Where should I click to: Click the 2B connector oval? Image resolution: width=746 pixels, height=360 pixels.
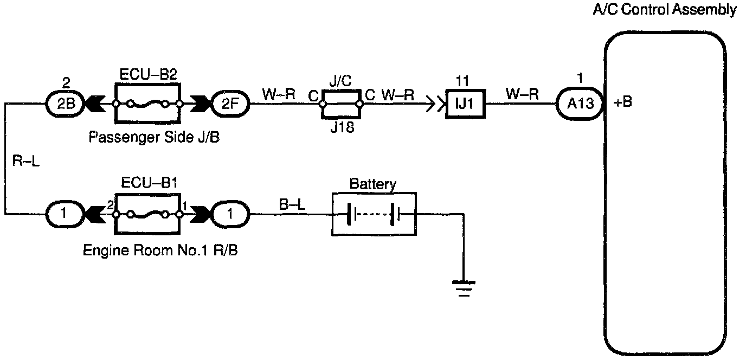pyautogui.click(x=65, y=104)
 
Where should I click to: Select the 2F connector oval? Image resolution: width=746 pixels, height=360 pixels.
pyautogui.click(x=230, y=104)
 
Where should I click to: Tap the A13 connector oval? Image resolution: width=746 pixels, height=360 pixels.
pyautogui.click(x=580, y=104)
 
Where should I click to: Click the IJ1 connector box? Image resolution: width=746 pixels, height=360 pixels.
pyautogui.click(x=465, y=104)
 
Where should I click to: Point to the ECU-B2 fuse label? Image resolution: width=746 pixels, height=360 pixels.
pyautogui.click(x=148, y=74)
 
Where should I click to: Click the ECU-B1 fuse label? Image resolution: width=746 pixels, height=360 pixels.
pyautogui.click(x=149, y=183)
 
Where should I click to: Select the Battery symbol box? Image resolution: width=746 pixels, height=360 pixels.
pyautogui.click(x=374, y=214)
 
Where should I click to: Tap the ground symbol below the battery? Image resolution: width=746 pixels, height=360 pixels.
pyautogui.click(x=464, y=288)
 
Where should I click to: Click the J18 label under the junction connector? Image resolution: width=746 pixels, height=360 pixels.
pyautogui.click(x=342, y=127)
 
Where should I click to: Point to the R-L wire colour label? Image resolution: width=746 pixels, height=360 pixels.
pyautogui.click(x=25, y=161)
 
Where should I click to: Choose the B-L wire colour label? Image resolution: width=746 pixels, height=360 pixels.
pyautogui.click(x=292, y=204)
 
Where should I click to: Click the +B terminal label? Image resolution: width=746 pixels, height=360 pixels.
pyautogui.click(x=622, y=102)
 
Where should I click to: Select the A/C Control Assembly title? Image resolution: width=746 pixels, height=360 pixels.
pyautogui.click(x=665, y=9)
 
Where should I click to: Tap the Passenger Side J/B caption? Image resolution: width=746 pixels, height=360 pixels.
pyautogui.click(x=154, y=137)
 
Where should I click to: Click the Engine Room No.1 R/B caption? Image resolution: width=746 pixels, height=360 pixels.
pyautogui.click(x=160, y=250)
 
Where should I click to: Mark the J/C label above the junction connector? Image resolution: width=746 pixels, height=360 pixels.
pyautogui.click(x=340, y=81)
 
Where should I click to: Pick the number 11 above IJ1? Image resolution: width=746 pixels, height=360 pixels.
pyautogui.click(x=462, y=81)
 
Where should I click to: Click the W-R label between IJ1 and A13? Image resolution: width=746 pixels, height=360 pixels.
pyautogui.click(x=522, y=94)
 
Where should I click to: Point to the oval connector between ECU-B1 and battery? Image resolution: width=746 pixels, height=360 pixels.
pyautogui.click(x=230, y=214)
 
